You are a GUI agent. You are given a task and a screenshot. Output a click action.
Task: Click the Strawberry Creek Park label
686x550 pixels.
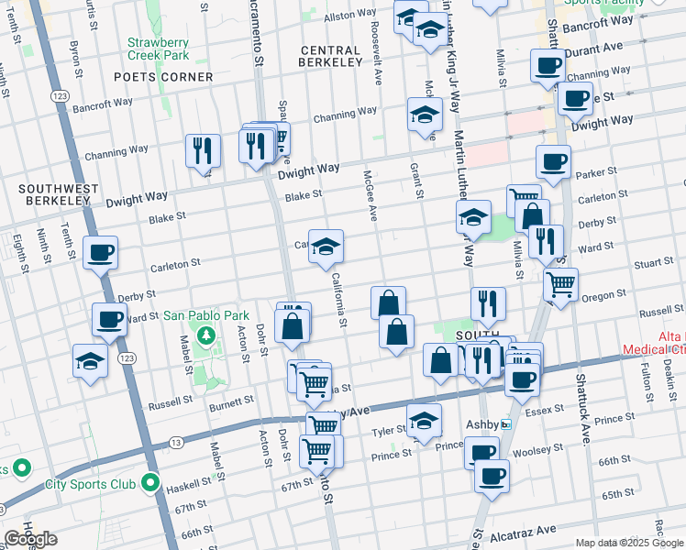point(158,49)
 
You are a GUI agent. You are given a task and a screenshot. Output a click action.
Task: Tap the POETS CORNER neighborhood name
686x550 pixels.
point(163,77)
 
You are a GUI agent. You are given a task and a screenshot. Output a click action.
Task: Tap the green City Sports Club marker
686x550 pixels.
point(149,484)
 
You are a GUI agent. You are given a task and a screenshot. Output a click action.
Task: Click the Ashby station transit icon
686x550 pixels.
point(505,424)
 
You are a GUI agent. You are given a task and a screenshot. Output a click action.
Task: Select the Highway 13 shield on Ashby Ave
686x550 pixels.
point(174,442)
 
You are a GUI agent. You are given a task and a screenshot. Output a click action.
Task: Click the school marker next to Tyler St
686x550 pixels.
point(423,421)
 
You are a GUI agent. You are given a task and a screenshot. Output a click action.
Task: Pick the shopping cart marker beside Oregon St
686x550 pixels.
point(560,283)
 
